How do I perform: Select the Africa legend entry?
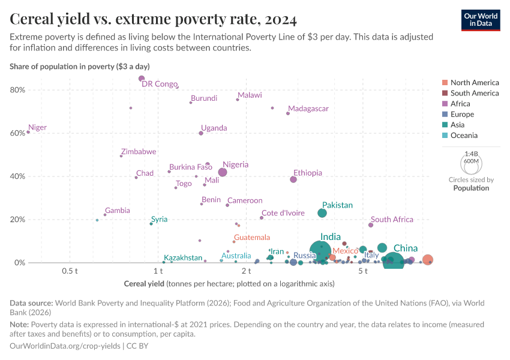coord(460,104)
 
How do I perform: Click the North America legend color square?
coord(444,83)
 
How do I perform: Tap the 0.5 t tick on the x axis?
coord(70,271)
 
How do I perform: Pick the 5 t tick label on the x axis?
coord(363,271)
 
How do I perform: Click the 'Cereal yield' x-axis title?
coord(144,283)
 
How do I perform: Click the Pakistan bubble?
coord(322,213)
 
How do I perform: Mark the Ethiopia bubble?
coord(293,179)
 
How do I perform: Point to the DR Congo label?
coord(160,84)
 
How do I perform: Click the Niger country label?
coord(38,128)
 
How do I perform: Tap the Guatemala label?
coord(252,238)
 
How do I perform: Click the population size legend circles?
coord(471,163)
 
